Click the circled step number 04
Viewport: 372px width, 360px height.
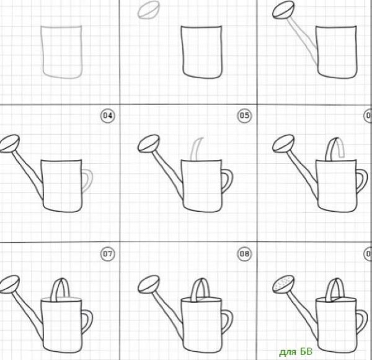pos(108,115)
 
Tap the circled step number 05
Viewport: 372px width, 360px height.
pos(244,115)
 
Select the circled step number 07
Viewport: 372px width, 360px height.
pos(108,254)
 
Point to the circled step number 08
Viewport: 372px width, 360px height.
pos(244,254)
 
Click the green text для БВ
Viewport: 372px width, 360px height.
pos(296,352)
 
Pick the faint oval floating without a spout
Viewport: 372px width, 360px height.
pos(148,9)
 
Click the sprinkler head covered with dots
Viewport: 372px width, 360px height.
pos(283,284)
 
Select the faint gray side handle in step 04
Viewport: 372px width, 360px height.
pos(88,181)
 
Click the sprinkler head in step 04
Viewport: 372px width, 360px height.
pos(9,143)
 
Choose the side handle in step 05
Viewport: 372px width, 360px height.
pos(228,181)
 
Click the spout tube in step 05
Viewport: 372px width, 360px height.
pos(168,175)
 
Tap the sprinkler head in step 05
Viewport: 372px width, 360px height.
pos(149,143)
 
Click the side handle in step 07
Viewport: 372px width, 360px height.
pos(88,321)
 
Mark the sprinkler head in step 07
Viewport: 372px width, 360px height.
pos(9,284)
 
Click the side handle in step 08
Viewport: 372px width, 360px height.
pos(228,321)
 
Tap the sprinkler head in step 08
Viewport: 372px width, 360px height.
pos(149,284)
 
